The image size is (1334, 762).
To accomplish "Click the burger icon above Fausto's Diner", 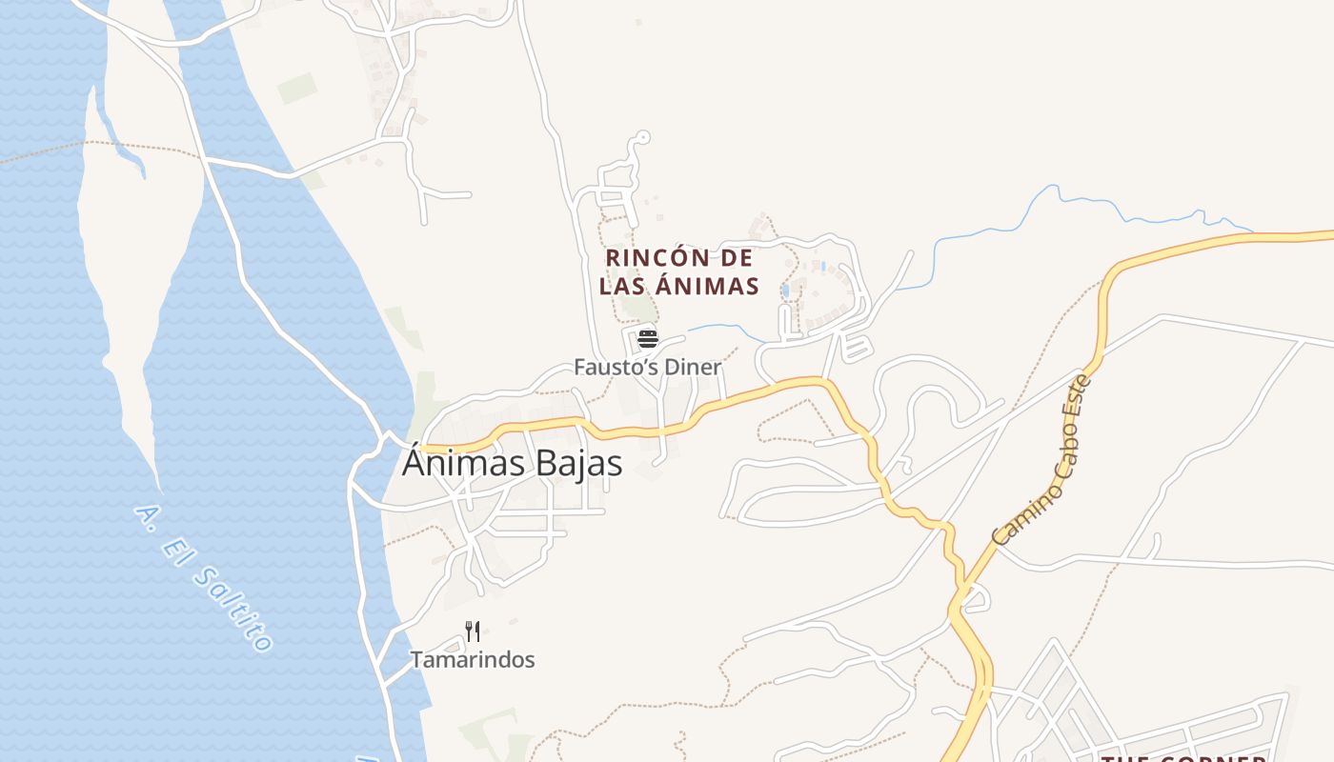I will (648, 338).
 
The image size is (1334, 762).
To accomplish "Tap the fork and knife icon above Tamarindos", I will (473, 631).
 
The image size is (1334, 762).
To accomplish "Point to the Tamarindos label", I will (473, 659).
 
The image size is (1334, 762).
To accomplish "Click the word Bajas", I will (575, 464).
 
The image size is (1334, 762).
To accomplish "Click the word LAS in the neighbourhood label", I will (622, 286).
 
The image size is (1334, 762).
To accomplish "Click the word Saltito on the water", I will (234, 610).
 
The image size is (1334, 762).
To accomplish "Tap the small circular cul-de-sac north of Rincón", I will (643, 137).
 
